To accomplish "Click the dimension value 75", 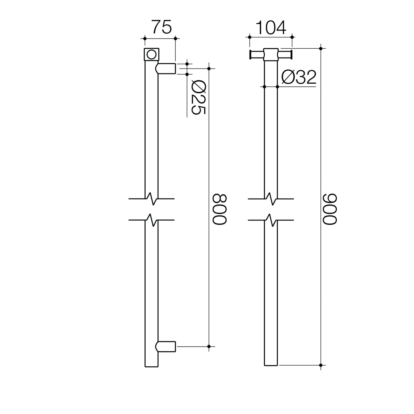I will coord(162,27).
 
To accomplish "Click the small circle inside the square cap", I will coord(151,55).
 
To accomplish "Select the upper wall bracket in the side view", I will coord(166,69).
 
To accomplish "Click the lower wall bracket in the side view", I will coord(166,346).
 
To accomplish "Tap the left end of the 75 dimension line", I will coord(145,39).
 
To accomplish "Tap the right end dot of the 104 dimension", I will coord(292,37).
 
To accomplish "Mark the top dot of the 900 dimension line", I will coord(321,48).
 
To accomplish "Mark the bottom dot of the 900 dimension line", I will coord(321,365).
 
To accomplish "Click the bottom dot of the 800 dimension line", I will coord(209,346).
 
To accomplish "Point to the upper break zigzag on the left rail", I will coord(152,199).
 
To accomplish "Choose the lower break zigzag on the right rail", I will coord(271,220).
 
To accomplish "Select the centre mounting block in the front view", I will coord(271,55).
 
